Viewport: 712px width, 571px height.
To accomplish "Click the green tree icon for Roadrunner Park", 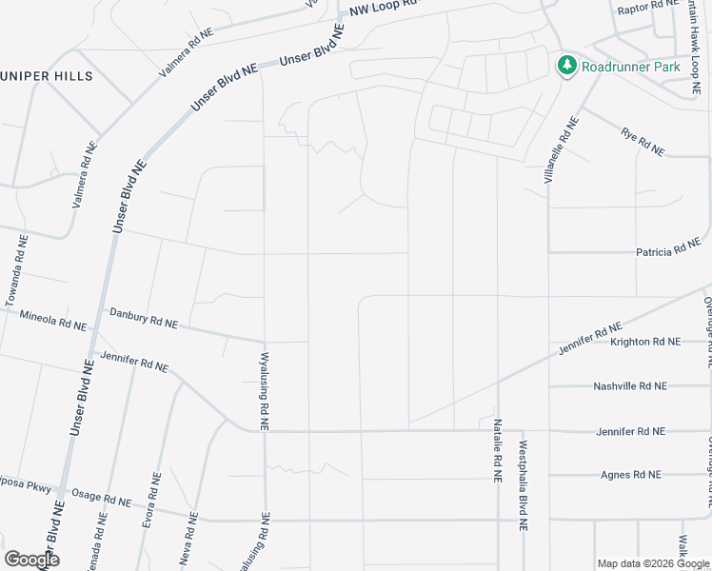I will [x=567, y=66].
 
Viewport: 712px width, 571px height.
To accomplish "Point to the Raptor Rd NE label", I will [x=645, y=9].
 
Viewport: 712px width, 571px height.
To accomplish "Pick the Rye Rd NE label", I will [x=643, y=142].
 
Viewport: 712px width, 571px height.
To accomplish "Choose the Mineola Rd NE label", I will [x=52, y=320].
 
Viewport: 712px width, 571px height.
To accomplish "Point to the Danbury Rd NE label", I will [x=144, y=318].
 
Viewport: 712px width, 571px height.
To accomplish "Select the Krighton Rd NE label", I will [x=645, y=341].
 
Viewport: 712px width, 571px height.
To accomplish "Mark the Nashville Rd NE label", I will [x=630, y=386].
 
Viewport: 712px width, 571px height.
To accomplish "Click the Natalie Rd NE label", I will [x=497, y=449].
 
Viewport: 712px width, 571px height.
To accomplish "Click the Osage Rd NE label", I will [x=105, y=500].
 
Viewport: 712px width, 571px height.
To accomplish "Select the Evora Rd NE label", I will [x=148, y=509].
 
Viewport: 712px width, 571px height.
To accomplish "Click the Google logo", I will [x=31, y=560].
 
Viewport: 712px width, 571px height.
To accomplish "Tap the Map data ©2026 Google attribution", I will [x=653, y=563].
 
